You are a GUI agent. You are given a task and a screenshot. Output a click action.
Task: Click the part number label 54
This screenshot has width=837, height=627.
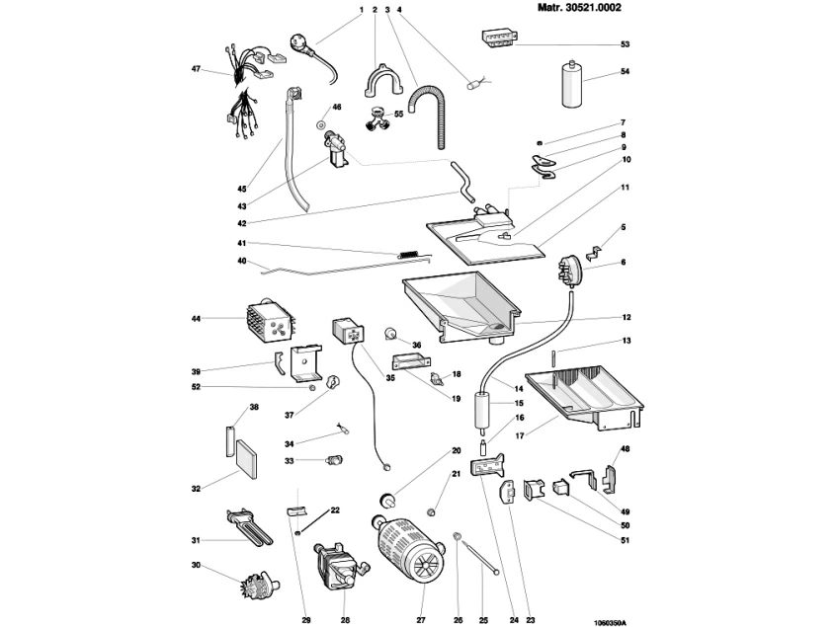pos(625,72)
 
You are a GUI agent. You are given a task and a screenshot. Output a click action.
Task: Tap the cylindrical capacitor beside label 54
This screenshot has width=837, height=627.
pos(570,83)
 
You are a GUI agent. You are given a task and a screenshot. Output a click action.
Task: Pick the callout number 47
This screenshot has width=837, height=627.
pos(196,69)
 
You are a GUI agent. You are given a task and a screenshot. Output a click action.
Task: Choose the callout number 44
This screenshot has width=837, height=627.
pos(196,319)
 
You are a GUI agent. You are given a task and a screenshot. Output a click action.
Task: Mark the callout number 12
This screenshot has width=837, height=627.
pos(625,318)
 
